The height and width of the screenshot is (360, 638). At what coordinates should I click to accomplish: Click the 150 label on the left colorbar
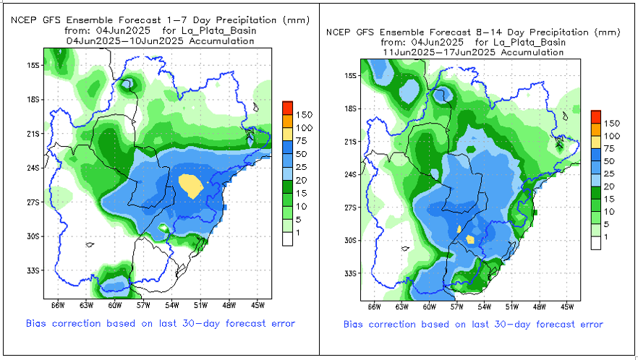[305, 114]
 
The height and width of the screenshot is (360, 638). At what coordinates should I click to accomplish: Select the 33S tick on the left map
[32, 270]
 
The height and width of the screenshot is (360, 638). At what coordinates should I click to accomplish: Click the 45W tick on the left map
[263, 304]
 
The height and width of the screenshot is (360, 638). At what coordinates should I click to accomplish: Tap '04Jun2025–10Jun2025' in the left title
[102, 41]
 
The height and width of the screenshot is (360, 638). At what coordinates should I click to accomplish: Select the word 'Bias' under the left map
[37, 323]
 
